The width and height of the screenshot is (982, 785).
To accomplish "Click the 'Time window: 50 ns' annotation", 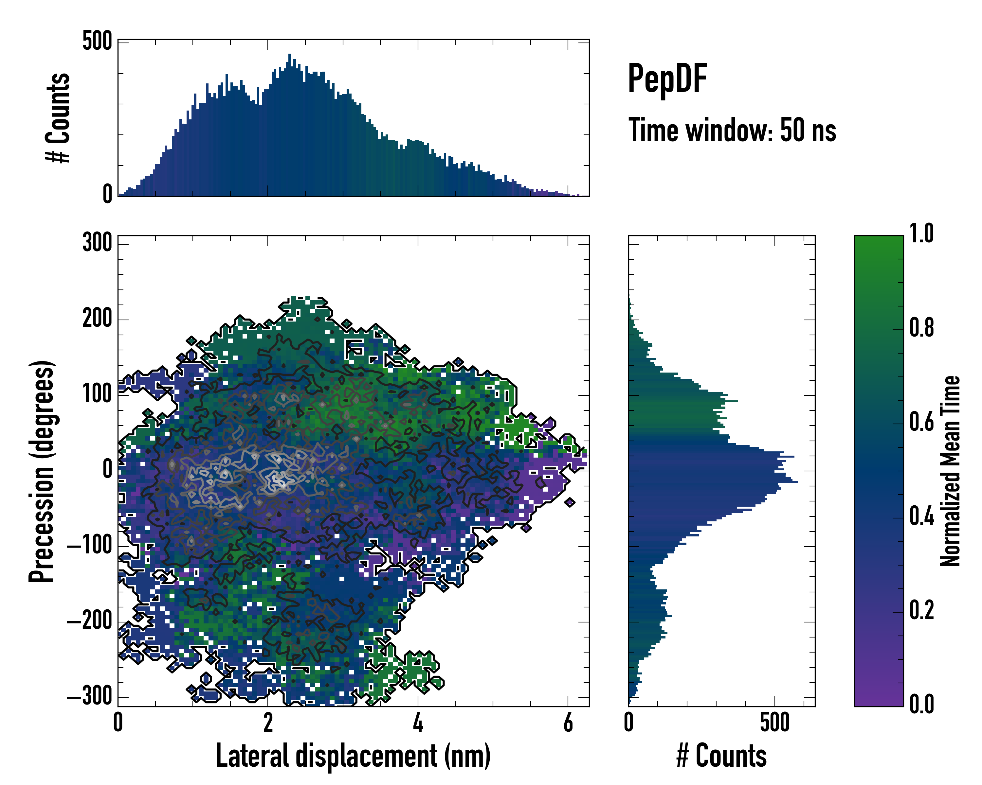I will coord(732,130).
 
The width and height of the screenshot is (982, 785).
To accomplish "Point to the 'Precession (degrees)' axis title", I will coord(42,471).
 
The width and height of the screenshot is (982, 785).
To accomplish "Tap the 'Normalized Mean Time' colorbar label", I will coord(950,471).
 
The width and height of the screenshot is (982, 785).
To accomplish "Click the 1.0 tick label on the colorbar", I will coord(921,234).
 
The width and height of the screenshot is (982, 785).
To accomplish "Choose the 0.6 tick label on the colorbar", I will coord(921,422).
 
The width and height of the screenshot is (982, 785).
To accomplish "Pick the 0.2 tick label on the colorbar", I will coord(921,610).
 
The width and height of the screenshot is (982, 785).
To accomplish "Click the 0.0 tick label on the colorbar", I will coord(921,704).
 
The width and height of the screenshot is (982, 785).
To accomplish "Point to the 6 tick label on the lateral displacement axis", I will coord(568,723).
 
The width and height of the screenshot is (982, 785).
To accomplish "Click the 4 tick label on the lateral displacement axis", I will coord(418,723).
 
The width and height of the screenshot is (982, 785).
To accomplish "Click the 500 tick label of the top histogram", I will coord(97,42).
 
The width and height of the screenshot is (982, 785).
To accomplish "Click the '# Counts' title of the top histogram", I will coord(58,118).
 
